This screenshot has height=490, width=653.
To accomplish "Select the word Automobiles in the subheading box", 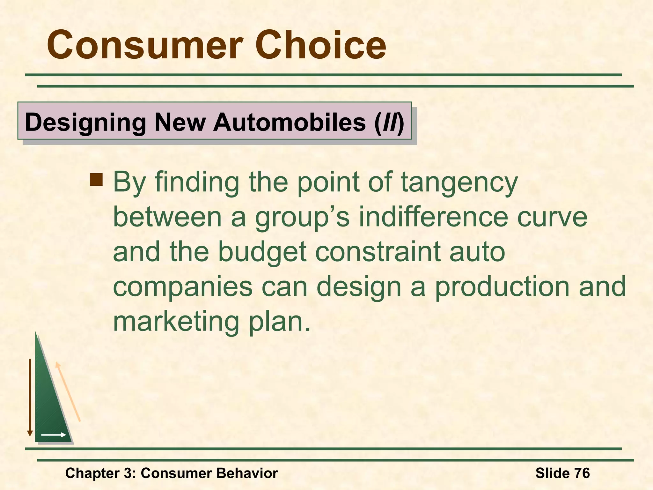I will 290,122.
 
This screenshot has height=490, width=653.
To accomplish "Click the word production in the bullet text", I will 502,286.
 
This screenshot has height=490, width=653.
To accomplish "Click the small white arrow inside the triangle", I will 54,435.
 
